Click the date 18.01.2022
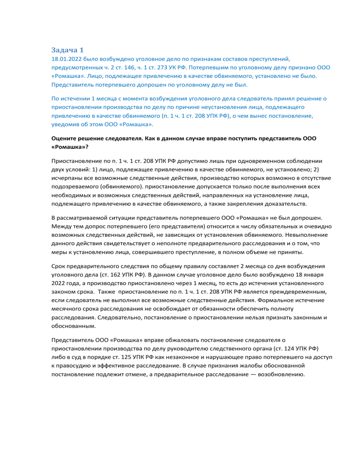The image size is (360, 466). (67, 60)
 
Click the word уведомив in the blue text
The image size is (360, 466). (66, 125)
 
